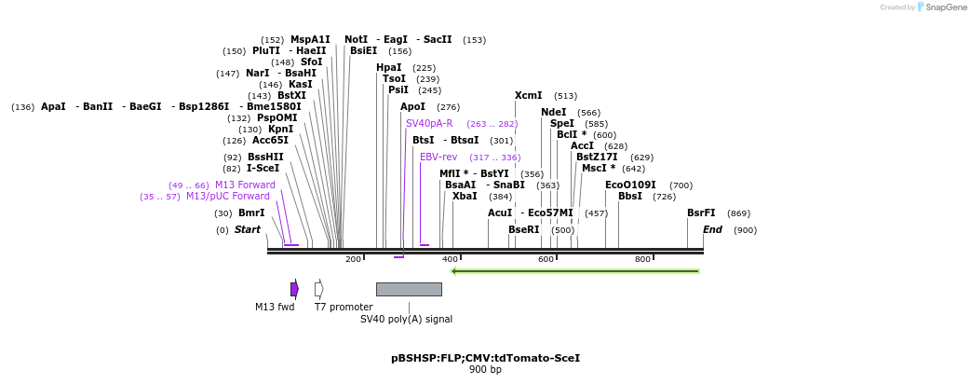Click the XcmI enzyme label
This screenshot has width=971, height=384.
[x=528, y=95]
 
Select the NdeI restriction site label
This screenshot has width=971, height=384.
[x=553, y=112]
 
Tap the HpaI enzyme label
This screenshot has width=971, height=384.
[x=389, y=67]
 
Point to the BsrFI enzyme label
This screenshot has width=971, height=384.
[x=701, y=213]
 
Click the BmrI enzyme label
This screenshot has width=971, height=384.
[x=251, y=213]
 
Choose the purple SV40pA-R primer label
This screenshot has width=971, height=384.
[x=429, y=123]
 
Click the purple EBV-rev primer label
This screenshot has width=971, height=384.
[x=438, y=157]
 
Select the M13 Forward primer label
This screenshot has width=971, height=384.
[x=245, y=185]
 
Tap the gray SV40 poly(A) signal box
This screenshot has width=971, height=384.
[x=409, y=289]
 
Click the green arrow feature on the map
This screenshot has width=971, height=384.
[x=574, y=271]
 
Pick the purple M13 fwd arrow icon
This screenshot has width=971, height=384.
[x=294, y=289]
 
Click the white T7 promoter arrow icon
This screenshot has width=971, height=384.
[x=319, y=289]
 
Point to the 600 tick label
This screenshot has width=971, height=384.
[x=546, y=259]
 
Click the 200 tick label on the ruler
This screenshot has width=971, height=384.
[x=353, y=259]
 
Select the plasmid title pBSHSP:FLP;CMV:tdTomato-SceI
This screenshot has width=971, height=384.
[x=485, y=358]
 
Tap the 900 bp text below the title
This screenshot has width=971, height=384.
[x=485, y=370]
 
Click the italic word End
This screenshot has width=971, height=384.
[x=712, y=229]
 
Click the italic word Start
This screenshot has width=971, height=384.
[x=248, y=229]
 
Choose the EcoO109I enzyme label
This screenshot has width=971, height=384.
[x=630, y=185]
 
